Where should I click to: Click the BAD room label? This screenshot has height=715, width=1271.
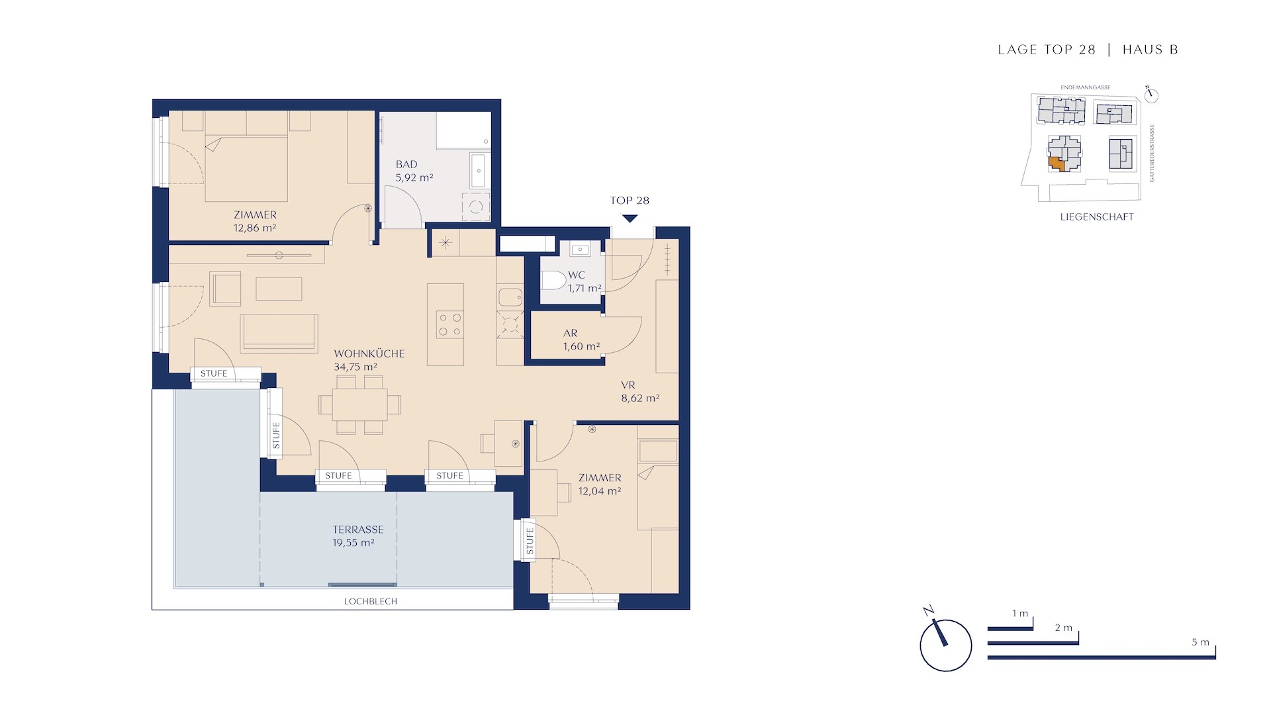tap(406, 164)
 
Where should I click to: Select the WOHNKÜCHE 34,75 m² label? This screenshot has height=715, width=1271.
tap(369, 360)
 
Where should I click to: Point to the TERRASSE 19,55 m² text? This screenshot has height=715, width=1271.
tap(357, 536)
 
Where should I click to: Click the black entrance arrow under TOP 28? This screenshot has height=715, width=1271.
tap(630, 218)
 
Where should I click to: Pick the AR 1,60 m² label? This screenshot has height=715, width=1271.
tap(581, 340)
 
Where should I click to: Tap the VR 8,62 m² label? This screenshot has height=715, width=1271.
tap(639, 392)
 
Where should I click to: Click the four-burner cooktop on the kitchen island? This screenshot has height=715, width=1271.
tap(450, 324)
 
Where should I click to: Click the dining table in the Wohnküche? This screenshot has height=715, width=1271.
tap(359, 404)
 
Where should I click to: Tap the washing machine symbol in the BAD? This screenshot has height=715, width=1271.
tap(476, 207)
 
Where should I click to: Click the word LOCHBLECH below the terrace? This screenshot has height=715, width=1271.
tap(371, 601)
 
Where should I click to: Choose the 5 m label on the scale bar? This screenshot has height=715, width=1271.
tap(1200, 642)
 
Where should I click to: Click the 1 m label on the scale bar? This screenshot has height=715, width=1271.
tap(1020, 614)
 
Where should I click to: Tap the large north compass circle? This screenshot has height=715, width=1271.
tap(946, 645)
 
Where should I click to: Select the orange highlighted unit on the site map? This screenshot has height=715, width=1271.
tap(1057, 164)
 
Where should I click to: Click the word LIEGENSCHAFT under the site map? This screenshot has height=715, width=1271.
tap(1097, 216)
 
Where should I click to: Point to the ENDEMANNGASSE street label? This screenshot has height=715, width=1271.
tap(1086, 87)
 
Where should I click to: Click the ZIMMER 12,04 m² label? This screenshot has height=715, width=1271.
tap(600, 484)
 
